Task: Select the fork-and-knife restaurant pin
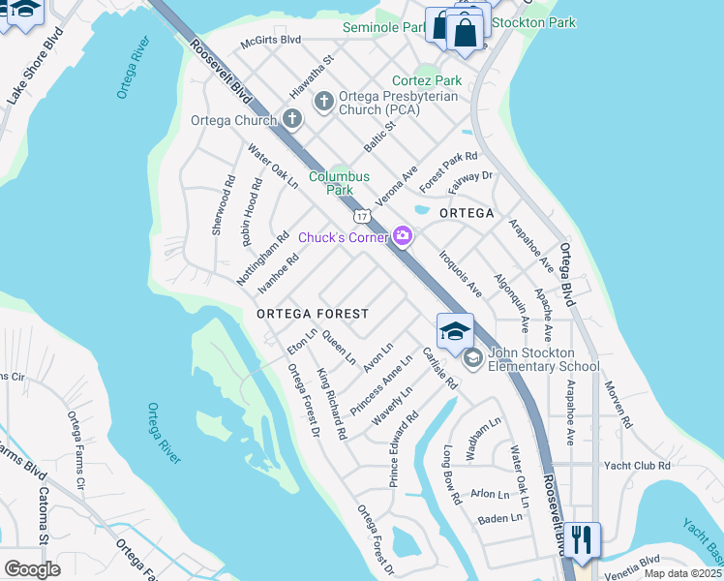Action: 581,538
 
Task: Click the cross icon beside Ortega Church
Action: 291,120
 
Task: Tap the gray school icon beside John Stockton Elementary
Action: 472,359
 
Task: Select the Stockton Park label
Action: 533,22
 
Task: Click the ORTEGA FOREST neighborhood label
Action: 312,314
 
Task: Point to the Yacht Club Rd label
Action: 637,466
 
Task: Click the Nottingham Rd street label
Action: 263,258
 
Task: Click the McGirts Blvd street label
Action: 270,41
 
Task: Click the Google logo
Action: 32,569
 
